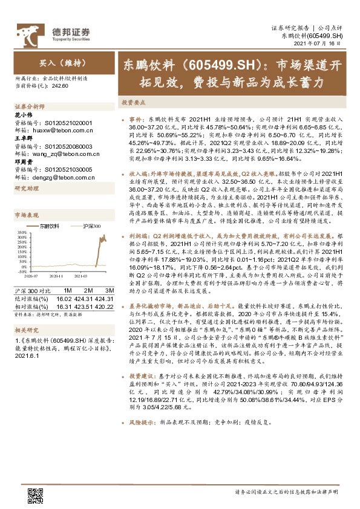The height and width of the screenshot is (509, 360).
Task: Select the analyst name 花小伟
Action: pyautogui.click(x=22, y=115)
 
